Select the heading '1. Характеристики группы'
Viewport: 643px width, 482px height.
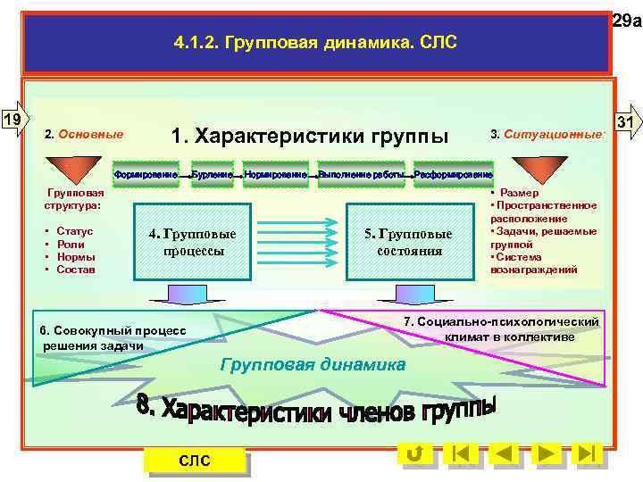coord(311,136)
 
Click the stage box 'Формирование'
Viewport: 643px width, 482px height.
coord(146,173)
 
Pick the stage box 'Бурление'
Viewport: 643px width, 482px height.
coord(212,173)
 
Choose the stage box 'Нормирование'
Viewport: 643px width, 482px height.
coord(277,173)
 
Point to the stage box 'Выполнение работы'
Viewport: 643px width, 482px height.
coord(362,173)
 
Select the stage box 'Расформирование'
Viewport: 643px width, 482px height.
coord(454,173)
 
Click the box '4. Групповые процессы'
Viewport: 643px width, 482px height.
coord(193,242)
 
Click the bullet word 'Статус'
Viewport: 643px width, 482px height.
coord(75,231)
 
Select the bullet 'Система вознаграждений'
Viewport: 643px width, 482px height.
coord(535,262)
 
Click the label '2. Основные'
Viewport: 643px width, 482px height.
coord(84,135)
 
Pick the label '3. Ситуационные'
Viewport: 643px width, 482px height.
coord(547,135)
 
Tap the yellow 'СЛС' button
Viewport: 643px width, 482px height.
coord(195,461)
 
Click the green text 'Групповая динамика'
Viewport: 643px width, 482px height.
coord(312,364)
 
